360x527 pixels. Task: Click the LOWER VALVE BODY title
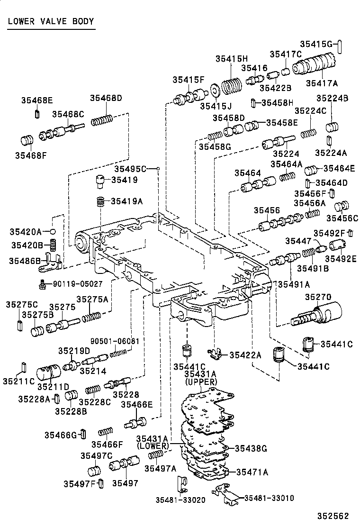click(x=51, y=21)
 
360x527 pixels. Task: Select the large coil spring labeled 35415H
click(x=233, y=86)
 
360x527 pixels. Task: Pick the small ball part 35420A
click(x=54, y=231)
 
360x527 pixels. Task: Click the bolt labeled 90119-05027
click(x=43, y=284)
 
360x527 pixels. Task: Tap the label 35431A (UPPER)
click(x=201, y=378)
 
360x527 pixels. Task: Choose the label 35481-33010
click(x=270, y=498)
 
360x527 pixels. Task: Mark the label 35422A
click(x=245, y=355)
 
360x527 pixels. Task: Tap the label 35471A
click(x=252, y=472)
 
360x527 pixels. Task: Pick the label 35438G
click(x=252, y=448)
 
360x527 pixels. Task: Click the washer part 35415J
click(x=215, y=89)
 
